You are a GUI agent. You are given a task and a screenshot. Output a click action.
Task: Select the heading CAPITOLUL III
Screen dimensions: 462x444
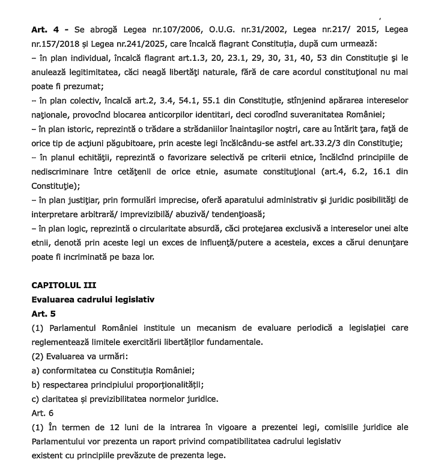[64, 285]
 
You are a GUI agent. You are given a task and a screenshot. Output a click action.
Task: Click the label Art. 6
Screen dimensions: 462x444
[41, 413]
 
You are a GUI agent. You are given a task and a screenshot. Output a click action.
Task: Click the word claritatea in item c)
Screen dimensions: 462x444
[64, 398]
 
